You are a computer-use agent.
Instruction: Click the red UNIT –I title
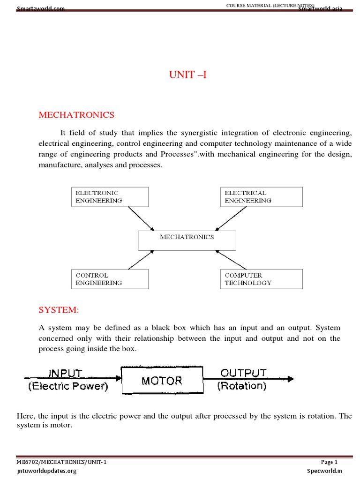187,75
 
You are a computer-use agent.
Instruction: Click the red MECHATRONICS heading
76,115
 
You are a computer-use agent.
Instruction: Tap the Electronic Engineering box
110,196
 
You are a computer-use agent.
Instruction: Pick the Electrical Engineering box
261,196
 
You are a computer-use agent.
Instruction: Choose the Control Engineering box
110,279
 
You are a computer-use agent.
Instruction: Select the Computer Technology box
261,279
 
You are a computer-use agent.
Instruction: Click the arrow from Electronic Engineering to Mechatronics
140,218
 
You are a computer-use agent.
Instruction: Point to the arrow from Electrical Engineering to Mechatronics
233,218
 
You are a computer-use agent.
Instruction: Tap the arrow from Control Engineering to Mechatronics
140,260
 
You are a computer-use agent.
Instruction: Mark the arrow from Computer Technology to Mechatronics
233,260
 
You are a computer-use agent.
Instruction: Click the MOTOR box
162,380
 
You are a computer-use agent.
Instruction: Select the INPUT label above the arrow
66,373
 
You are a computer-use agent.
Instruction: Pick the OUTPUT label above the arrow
243,373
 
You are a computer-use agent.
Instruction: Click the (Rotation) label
242,386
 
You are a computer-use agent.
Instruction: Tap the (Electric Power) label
68,387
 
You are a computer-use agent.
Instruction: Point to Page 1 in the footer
329,462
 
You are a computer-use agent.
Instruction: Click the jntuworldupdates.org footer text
46,471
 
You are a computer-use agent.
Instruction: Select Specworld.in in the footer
325,471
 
